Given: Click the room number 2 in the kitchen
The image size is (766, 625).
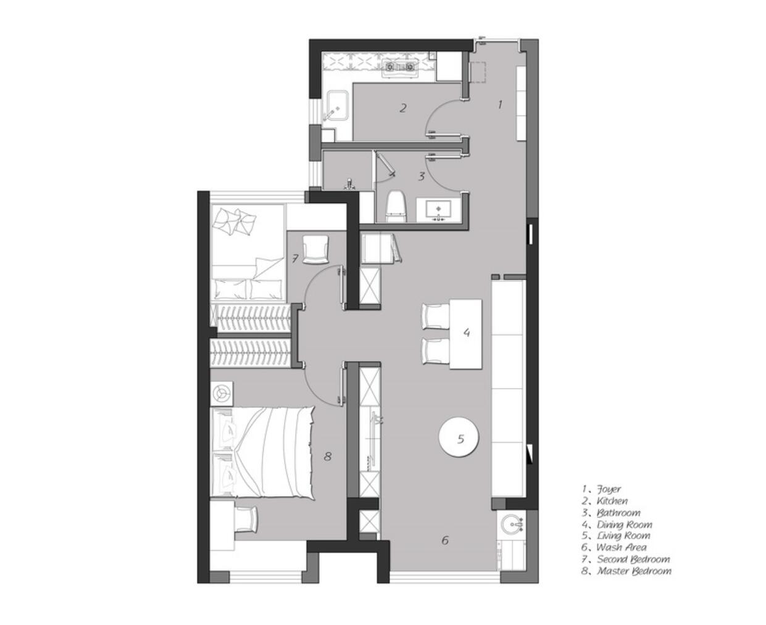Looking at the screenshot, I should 403,109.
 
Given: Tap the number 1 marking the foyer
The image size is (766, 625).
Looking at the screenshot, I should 500,104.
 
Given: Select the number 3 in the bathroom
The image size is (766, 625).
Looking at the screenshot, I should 422,176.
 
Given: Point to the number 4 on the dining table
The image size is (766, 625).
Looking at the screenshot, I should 467,332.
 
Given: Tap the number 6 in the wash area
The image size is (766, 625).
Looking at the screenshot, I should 445,540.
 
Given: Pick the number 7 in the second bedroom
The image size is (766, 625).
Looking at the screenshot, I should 295,259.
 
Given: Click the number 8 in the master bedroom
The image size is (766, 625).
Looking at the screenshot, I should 328,457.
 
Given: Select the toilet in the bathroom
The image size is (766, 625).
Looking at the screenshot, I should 395,207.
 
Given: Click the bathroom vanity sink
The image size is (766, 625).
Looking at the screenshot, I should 438,209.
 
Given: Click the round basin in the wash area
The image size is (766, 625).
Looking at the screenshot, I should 512,525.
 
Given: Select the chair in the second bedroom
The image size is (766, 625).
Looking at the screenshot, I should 315,248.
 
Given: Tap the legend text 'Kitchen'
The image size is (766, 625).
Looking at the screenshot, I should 612,501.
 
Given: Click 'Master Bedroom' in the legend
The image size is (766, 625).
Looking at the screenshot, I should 633,571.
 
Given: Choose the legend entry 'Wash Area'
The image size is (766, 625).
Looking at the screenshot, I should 621,547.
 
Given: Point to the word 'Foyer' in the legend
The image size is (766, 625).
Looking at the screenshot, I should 609,489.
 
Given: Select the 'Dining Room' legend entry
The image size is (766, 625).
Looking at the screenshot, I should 623,524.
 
